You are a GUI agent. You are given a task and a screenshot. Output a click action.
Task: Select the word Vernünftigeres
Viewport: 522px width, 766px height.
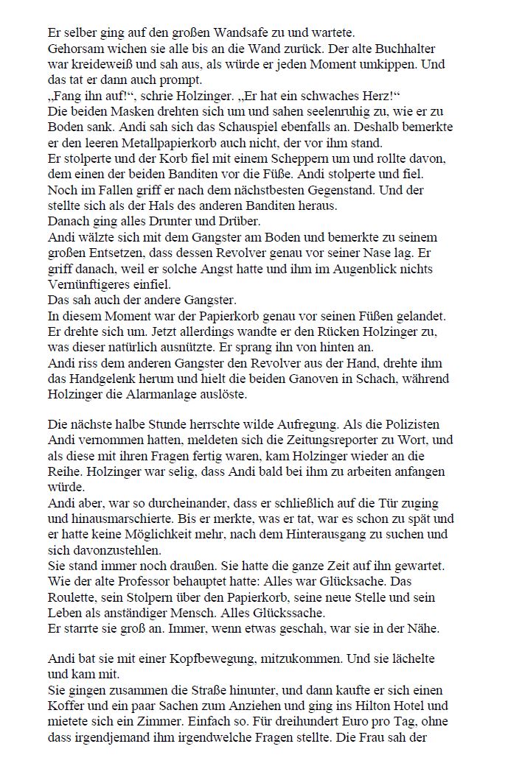click(91, 284)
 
